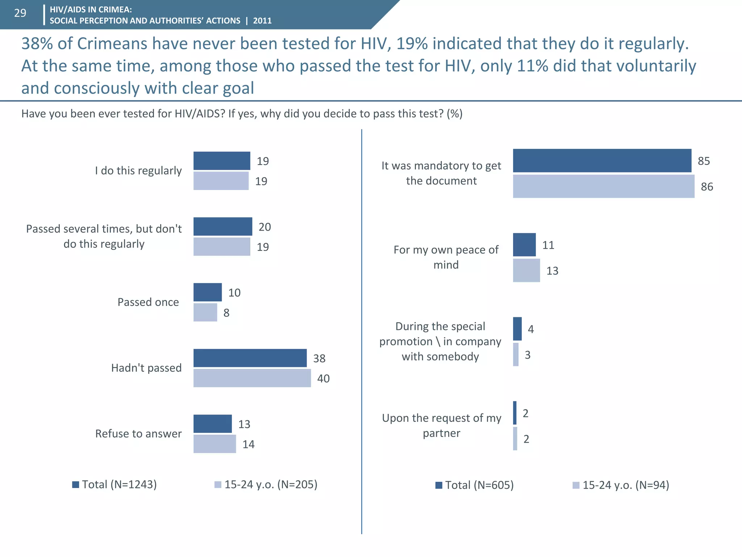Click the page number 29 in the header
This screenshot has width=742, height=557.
point(20,13)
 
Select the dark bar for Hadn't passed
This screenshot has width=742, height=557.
point(250,358)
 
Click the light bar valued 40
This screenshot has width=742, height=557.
point(252,378)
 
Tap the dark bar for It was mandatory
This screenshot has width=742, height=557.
point(602,161)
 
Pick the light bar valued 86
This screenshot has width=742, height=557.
point(603,186)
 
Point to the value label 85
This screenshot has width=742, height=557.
point(704,161)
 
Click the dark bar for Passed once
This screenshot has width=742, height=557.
point(207,292)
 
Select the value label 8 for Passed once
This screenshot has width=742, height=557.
point(226,313)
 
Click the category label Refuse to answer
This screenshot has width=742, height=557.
point(138,434)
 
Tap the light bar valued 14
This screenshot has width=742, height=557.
point(214,444)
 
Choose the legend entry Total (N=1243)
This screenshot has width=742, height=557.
point(114,484)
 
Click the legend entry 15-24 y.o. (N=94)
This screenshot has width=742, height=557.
point(621,485)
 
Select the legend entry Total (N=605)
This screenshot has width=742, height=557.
point(475,485)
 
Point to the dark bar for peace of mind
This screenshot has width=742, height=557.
point(524,245)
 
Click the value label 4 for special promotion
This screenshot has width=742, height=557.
point(531,329)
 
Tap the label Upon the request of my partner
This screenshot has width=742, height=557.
point(442,425)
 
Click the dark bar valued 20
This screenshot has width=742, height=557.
point(222,227)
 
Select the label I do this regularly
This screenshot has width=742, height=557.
point(138,171)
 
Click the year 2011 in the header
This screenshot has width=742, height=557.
point(262,21)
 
